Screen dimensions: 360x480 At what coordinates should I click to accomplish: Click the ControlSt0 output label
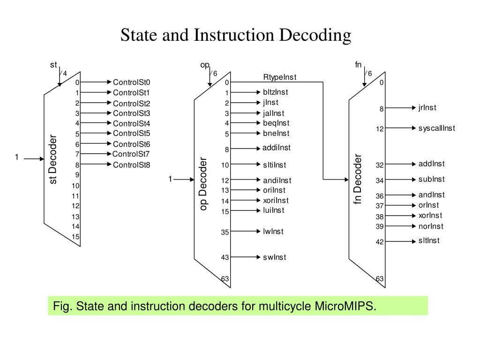pos(131,82)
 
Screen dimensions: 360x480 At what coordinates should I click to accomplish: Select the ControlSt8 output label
pos(131,165)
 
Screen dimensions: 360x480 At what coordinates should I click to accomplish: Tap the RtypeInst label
pos(280,77)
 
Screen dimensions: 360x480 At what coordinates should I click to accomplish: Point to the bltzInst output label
pos(276,92)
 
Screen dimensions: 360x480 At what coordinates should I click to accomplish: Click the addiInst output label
pos(277,148)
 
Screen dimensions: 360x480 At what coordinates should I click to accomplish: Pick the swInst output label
pos(274,257)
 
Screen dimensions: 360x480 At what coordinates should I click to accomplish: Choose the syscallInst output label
pos(437,128)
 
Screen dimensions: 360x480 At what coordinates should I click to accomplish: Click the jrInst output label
pos(427,107)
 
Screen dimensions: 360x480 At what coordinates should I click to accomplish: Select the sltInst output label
pos(429,241)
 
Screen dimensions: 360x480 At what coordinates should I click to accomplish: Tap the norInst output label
pos(430,226)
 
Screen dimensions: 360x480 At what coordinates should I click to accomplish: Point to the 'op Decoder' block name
pos(203,184)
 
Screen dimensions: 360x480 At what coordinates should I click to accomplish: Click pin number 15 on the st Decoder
pos(75,237)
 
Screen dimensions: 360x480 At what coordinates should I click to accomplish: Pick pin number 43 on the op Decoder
pos(225,257)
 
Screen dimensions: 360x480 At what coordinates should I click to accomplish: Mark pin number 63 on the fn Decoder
pos(379,279)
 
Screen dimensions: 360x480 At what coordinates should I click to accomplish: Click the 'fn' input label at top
pos(358,65)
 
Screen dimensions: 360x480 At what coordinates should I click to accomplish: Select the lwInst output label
pos(273,231)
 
